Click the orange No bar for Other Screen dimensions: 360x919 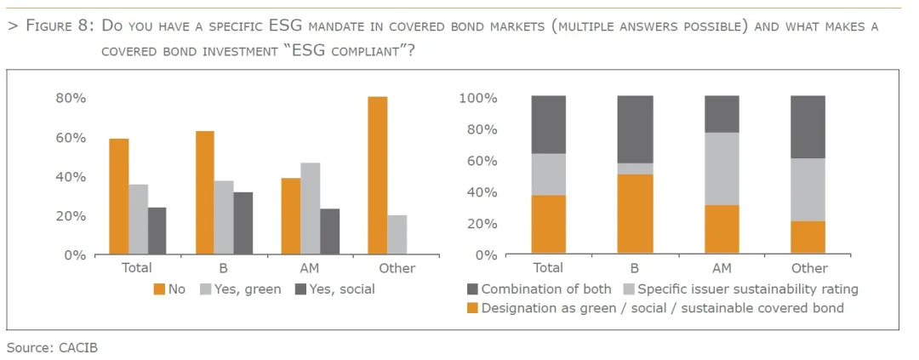click(x=377, y=175)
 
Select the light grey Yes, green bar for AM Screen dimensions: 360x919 click(x=310, y=209)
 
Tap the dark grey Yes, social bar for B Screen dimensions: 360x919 click(x=243, y=223)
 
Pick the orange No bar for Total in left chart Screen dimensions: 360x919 click(x=119, y=197)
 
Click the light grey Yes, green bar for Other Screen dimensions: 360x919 click(x=397, y=235)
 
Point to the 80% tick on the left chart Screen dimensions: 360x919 click(x=71, y=98)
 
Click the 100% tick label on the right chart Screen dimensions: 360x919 click(x=478, y=98)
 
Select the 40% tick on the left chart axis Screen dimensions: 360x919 click(x=71, y=177)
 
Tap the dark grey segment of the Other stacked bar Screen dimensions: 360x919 click(x=808, y=126)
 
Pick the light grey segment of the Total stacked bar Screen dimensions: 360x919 click(x=548, y=174)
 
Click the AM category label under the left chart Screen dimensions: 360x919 click(x=310, y=269)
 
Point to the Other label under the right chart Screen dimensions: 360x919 click(x=808, y=269)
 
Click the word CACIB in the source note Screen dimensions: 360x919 click(x=79, y=347)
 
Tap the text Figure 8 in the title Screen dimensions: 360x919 click(x=59, y=26)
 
